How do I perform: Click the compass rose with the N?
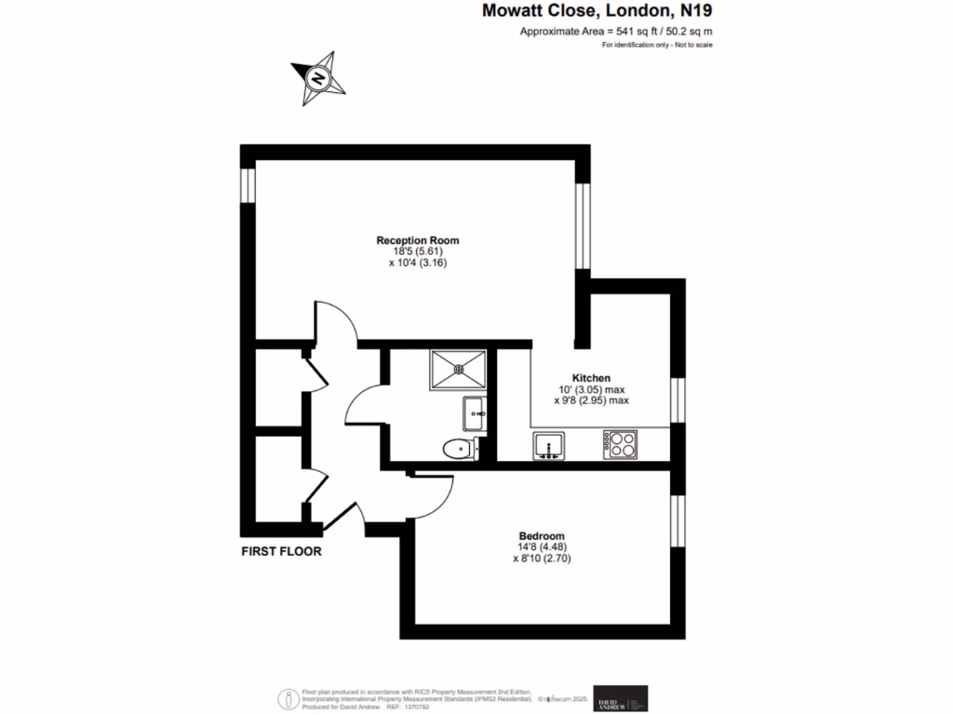coord(318,78)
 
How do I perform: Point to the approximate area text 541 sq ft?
coord(617,33)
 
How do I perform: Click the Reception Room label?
coord(418,240)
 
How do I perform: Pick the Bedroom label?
coord(542,536)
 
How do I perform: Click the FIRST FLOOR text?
coord(281,551)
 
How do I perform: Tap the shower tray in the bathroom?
coord(458,369)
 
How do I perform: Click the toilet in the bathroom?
coord(459,450)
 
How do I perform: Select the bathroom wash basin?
coord(473,411)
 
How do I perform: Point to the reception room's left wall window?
coord(248,184)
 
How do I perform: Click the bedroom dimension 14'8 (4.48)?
coord(542,547)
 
